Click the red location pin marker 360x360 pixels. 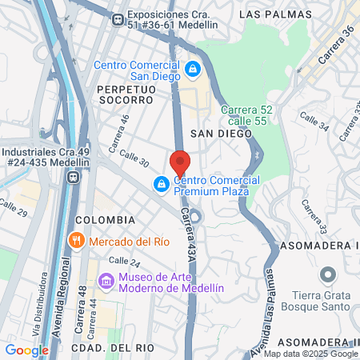tap(180, 162)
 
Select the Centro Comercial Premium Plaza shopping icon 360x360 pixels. tap(162, 185)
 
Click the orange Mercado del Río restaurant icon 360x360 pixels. tap(76, 240)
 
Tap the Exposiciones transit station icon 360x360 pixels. tap(117, 18)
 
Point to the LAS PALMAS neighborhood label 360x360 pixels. tap(270, 14)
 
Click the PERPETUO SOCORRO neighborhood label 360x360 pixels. tap(125, 94)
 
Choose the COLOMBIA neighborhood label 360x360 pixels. tap(105, 219)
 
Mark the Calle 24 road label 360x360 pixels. tap(124, 261)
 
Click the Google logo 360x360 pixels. tap(26, 350)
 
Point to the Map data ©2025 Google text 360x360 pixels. tap(311, 354)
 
